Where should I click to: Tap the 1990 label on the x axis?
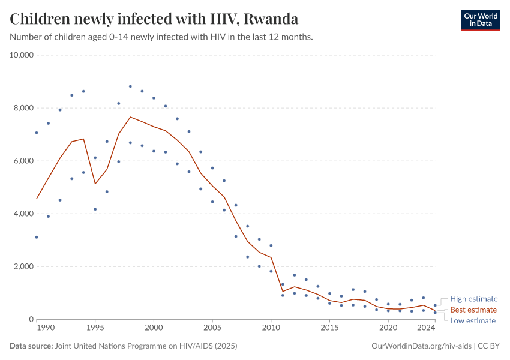coord(46,328)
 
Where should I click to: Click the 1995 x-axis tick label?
coord(95,328)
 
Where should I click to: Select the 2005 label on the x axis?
coord(212,328)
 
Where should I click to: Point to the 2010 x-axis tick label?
coord(271,328)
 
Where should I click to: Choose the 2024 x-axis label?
coord(425,328)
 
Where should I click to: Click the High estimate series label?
coord(473,299)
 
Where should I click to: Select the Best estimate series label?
coord(473,310)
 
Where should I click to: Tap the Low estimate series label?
coord(473,320)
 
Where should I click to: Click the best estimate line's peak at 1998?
coord(130,117)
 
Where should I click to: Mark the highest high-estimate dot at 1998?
coord(130,86)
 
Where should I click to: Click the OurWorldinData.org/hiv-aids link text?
coord(422,346)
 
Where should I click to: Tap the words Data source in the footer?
coord(31,346)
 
